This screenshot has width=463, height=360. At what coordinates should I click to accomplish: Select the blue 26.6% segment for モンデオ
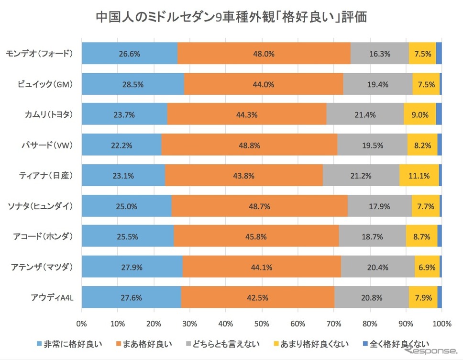(130, 54)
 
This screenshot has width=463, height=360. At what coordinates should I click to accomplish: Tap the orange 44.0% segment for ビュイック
(264, 84)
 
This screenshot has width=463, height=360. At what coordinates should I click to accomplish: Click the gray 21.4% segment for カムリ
(365, 114)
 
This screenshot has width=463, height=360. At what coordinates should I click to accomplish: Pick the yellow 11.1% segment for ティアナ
(419, 175)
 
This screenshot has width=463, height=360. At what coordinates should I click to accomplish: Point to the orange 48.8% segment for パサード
(249, 145)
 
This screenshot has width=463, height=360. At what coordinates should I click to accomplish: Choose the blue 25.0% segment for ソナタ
(127, 206)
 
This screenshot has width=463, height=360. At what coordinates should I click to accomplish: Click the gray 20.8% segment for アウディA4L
(372, 297)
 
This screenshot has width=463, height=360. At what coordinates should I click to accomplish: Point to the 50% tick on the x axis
(262, 324)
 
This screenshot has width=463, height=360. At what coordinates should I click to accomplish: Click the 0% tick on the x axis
(82, 324)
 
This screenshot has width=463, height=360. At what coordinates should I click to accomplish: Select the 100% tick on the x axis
(441, 324)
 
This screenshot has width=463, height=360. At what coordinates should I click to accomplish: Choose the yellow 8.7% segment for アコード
(421, 236)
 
